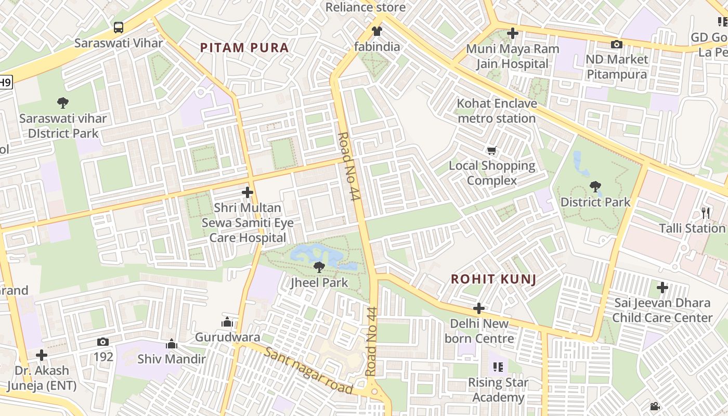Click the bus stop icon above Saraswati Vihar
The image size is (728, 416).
tap(119, 27)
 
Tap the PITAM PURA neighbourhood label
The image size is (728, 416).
tap(244, 48)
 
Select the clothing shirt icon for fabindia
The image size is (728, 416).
tap(377, 31)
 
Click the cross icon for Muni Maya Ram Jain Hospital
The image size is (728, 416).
tap(513, 33)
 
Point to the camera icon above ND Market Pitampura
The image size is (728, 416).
tap(617, 44)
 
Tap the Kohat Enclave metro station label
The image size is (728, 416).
tap(497, 111)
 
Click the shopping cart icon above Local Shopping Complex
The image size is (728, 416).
tap(491, 151)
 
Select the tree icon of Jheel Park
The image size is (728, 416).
tap(319, 267)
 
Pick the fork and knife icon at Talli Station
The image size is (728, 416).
tap(706, 213)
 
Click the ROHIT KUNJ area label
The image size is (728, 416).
tap(493, 279)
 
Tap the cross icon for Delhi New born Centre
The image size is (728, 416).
tap(479, 308)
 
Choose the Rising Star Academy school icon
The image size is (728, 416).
tap(498, 368)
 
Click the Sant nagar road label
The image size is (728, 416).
tap(308, 371)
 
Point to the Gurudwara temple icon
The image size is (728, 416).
tap(227, 322)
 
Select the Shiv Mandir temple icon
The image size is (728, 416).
tap(172, 344)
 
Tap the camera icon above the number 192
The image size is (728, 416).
tap(103, 342)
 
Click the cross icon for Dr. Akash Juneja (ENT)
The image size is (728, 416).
tap(42, 355)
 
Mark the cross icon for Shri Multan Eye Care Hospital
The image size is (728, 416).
tap(248, 192)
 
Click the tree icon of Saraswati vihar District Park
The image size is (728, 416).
tap(63, 103)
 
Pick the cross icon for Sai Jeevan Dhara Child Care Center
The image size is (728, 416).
tap(662, 287)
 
